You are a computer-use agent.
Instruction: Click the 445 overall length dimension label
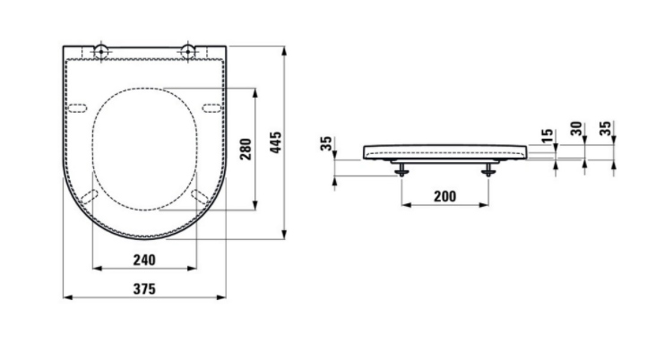pyautogui.click(x=276, y=142)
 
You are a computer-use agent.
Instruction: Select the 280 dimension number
pyautogui.click(x=246, y=150)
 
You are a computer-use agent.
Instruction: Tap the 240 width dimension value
pyautogui.click(x=144, y=260)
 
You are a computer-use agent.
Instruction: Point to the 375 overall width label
pyautogui.click(x=144, y=289)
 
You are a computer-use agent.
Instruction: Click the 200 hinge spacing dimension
pyautogui.click(x=445, y=196)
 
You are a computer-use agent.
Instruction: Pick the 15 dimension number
pyautogui.click(x=547, y=135)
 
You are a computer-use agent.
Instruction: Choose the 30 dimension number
pyautogui.click(x=576, y=128)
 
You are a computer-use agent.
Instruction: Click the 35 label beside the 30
pyautogui.click(x=606, y=128)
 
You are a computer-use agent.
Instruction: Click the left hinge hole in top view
pyautogui.click(x=101, y=52)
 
